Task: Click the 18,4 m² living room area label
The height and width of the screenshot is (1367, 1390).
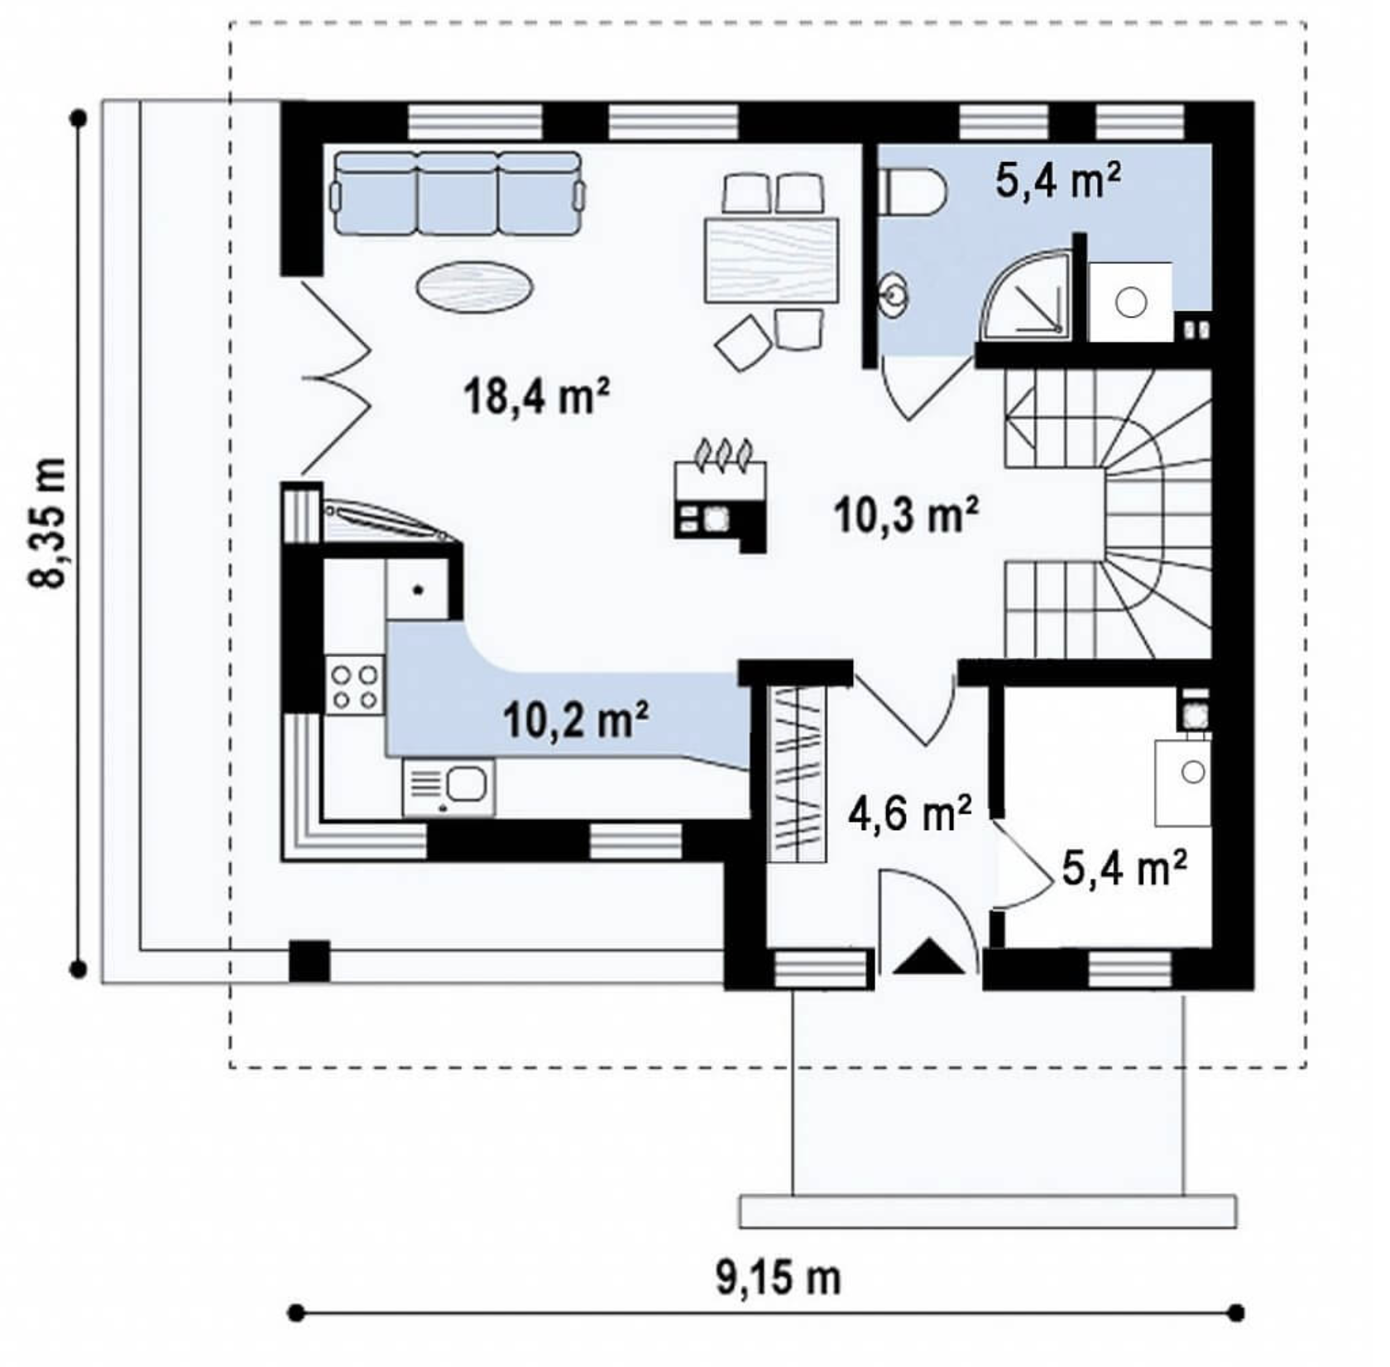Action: (x=538, y=396)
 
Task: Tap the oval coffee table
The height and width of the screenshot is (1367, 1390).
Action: (x=474, y=286)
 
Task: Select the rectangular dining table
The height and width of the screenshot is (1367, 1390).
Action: (x=771, y=260)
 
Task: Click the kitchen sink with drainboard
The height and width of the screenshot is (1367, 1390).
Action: (x=449, y=788)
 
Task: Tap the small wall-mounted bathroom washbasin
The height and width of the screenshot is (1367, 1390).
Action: (x=894, y=294)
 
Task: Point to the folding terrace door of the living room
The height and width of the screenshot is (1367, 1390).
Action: (x=335, y=377)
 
